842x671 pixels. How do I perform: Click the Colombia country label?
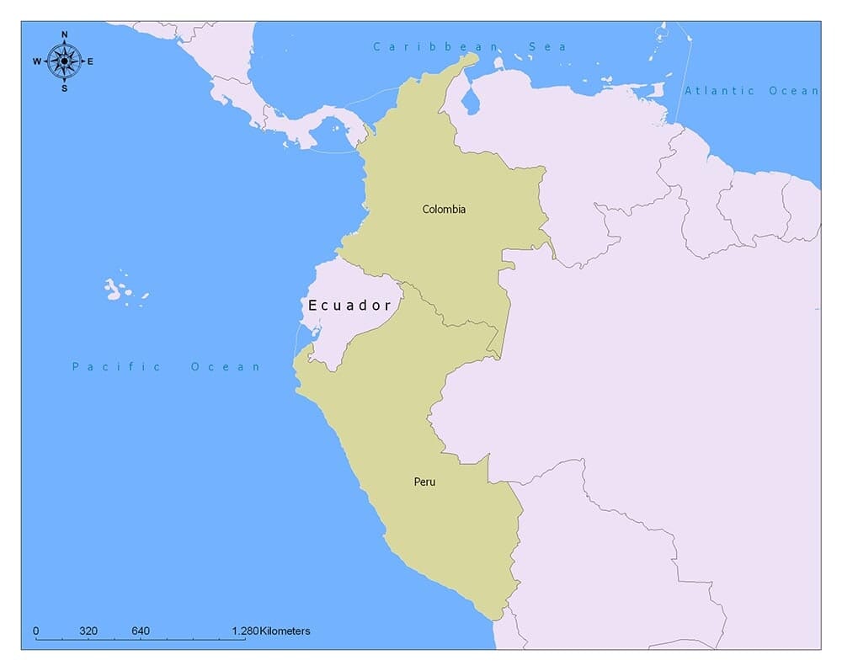(444, 209)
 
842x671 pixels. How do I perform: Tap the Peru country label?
(424, 482)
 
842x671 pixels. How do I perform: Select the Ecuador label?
(349, 306)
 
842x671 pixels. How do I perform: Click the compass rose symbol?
(64, 61)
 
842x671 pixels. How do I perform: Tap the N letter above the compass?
(65, 35)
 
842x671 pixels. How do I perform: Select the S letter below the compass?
(65, 88)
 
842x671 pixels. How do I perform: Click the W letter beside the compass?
(37, 61)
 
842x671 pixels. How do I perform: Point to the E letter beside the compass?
(90, 61)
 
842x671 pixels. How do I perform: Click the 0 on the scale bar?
(35, 631)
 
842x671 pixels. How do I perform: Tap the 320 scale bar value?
(88, 631)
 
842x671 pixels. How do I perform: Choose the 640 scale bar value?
(141, 631)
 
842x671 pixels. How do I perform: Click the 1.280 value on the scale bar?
(245, 631)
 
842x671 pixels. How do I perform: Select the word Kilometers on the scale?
(285, 631)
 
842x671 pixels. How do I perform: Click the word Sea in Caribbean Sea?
(551, 46)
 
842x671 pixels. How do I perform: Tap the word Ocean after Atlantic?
(793, 90)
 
